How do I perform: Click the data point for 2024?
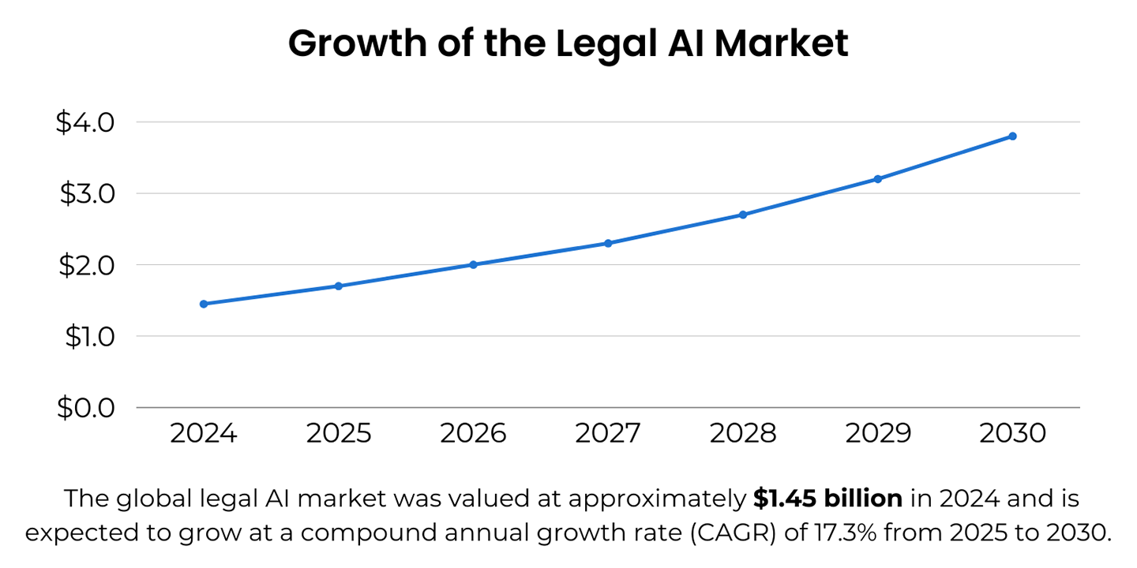point(204,304)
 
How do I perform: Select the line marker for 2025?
point(338,286)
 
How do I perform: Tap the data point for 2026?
point(473,264)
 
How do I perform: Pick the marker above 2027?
point(608,243)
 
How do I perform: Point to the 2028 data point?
point(743,215)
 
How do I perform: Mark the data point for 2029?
point(877,179)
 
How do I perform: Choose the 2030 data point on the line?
point(1012,136)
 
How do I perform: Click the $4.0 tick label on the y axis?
point(86,122)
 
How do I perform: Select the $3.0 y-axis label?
point(86,193)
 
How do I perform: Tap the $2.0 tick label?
point(86,265)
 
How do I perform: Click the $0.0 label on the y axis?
point(86,408)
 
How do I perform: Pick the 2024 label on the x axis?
point(204,434)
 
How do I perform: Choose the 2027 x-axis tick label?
point(608,434)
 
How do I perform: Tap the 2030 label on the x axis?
point(1012,434)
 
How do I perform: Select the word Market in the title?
point(782,43)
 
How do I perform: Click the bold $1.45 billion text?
point(827,499)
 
